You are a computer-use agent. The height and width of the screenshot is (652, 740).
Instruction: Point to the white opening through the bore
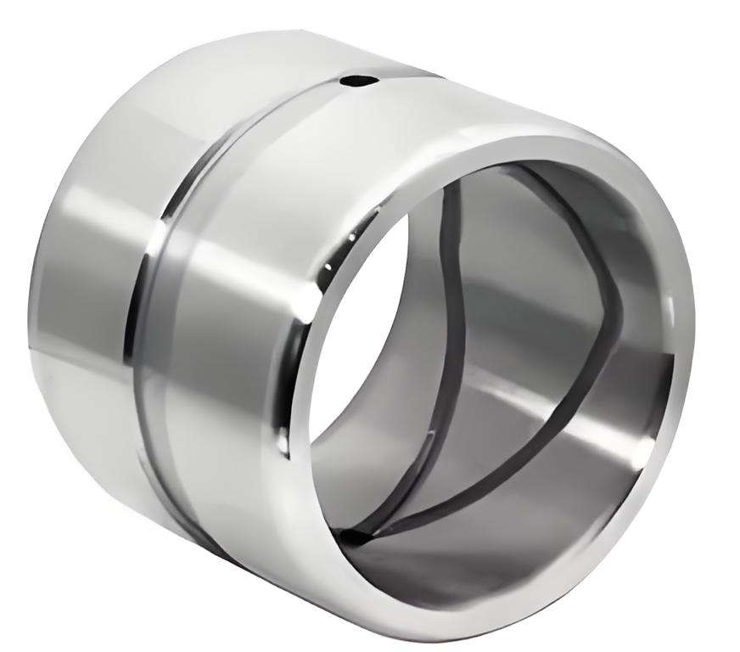(365, 340)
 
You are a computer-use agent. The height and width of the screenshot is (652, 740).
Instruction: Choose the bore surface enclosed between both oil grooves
(526, 323)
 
